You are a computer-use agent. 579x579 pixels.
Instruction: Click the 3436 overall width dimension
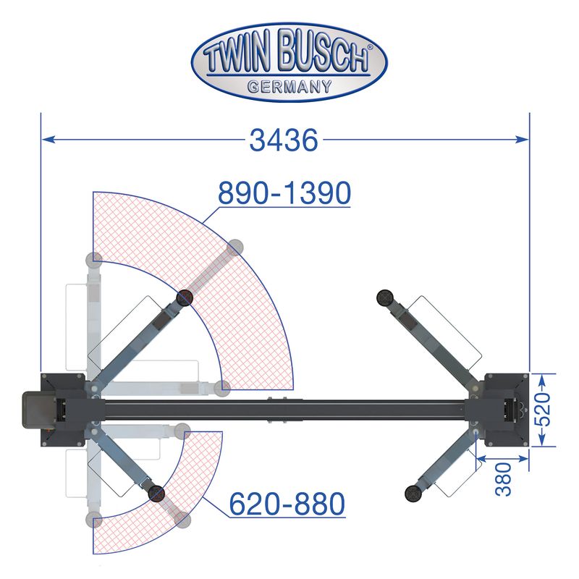point(284,140)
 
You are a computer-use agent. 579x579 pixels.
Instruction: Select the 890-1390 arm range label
point(284,193)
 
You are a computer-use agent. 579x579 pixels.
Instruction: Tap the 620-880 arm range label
point(287,504)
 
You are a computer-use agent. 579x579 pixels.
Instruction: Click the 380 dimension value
point(504,479)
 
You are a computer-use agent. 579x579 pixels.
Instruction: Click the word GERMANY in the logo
point(289,87)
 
